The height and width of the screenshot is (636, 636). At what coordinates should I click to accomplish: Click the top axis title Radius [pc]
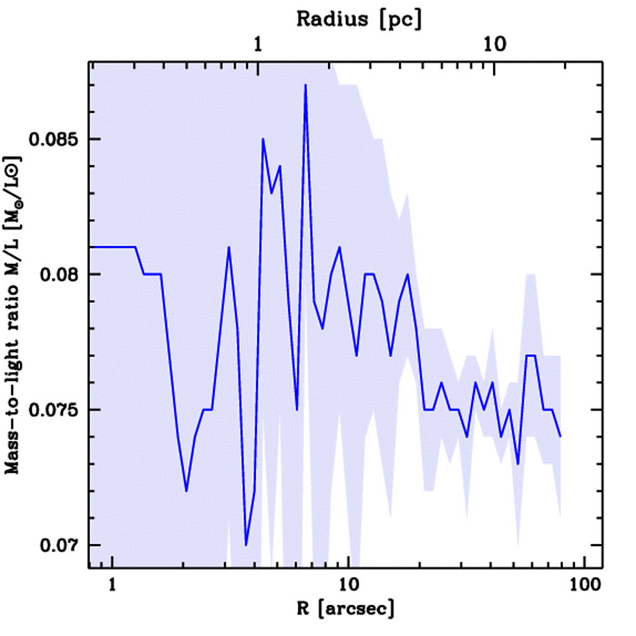359,19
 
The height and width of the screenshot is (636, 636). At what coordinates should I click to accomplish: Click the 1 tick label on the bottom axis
112,586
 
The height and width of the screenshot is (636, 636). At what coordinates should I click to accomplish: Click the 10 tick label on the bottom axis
349,586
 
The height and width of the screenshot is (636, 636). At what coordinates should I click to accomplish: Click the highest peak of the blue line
306,85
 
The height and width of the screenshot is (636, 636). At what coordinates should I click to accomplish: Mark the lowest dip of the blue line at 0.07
246,545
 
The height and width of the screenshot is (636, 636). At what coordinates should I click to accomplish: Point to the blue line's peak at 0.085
263,139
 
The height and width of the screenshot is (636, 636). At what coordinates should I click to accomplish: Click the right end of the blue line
560,436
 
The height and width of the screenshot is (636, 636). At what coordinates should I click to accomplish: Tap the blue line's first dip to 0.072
186,491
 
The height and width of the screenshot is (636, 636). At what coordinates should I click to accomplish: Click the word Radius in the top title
322,19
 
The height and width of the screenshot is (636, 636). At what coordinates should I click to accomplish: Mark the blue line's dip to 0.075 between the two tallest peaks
297,409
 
